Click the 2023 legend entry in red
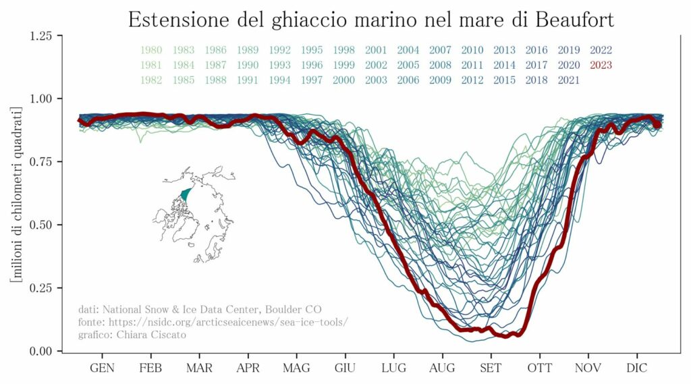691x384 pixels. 601,65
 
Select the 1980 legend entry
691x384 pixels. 151,50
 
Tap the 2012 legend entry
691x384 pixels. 472,80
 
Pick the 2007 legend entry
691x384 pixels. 440,50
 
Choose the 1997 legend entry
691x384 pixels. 312,80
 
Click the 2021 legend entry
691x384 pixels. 569,80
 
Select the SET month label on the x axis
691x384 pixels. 491,368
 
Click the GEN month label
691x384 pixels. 103,368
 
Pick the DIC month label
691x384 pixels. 636,368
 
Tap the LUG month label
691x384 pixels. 393,368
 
